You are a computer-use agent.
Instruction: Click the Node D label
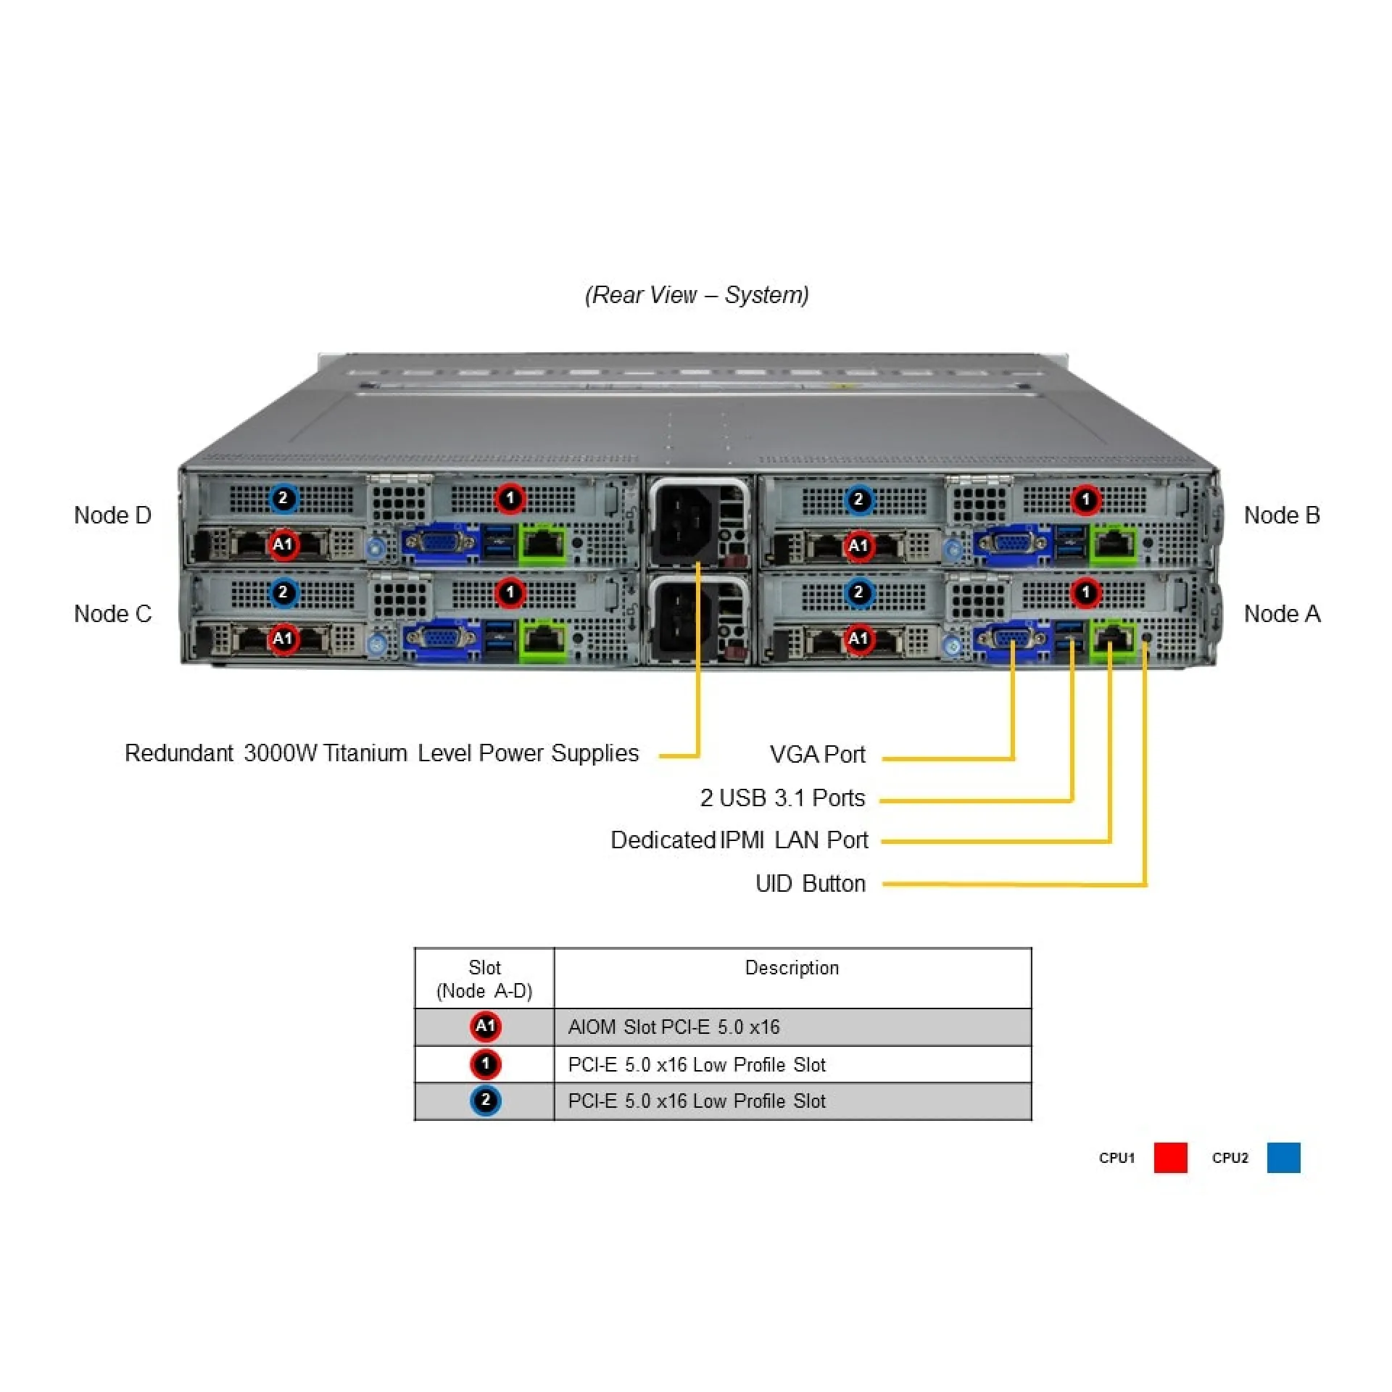112,515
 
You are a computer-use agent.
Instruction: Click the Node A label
1281,614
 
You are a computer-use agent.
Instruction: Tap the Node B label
1281,515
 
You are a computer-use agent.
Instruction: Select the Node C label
112,614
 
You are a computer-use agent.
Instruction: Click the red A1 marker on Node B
858,545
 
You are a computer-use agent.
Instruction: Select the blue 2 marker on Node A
858,592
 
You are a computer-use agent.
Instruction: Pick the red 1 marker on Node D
510,499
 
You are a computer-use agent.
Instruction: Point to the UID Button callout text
810,884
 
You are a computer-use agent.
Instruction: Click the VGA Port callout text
817,755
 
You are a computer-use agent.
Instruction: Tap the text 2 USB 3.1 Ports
782,798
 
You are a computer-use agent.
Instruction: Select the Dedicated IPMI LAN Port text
739,840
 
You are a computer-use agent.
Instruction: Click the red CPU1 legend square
1170,1157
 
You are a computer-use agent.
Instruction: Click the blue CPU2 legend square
1283,1157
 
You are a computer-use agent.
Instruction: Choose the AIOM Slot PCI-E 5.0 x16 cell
674,1027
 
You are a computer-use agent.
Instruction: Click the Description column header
792,968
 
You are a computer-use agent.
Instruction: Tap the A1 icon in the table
485,1027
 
